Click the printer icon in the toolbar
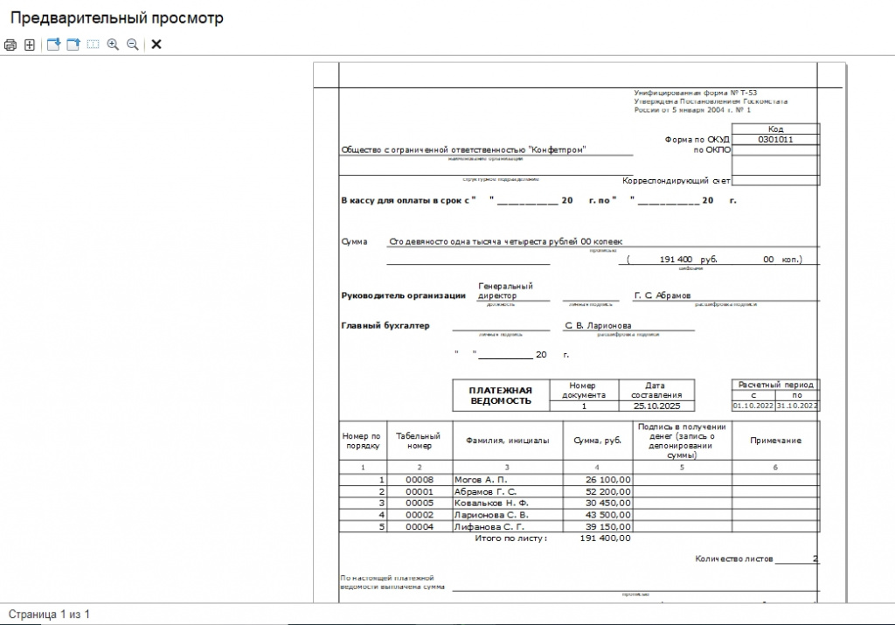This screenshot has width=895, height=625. coord(10,45)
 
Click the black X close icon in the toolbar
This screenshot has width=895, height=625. coord(156,45)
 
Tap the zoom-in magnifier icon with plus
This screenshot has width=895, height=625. coord(113,45)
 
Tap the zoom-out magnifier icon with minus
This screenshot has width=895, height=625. coord(133,45)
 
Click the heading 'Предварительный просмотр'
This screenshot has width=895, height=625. coord(116,18)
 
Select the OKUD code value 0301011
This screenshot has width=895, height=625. coord(775,139)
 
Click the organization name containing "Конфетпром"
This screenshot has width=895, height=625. coord(463,149)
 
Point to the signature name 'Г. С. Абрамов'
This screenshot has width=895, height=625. coord(662,295)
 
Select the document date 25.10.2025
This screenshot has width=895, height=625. coord(656,406)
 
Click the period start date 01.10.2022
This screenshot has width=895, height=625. coord(753,406)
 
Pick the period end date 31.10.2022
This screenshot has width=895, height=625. coord(797,406)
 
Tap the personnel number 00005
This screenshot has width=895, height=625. coord(420,503)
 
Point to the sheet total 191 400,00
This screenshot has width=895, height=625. coord(605,538)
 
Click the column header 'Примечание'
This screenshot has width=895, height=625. coord(775,441)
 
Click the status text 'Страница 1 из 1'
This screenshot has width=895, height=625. coord(50,615)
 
